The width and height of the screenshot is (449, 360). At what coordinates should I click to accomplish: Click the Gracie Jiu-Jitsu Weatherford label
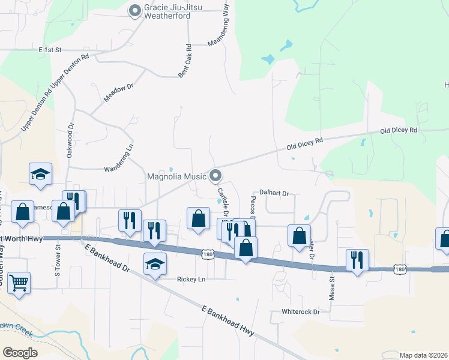(x=167, y=11)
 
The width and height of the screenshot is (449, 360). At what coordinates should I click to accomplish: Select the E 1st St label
(x=50, y=50)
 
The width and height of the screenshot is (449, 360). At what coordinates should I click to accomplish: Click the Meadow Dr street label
(x=117, y=94)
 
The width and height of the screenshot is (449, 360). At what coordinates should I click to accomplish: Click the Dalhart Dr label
(x=274, y=194)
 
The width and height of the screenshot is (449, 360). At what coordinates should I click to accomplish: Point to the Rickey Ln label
(x=191, y=280)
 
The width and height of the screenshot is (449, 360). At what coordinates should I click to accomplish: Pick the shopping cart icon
(x=19, y=281)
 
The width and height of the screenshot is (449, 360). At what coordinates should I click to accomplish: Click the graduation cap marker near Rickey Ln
(x=155, y=263)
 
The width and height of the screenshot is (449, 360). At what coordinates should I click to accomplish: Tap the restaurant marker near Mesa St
(x=357, y=260)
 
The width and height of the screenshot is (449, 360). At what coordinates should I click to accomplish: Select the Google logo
(x=20, y=352)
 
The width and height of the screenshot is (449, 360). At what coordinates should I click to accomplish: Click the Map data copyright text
(x=423, y=355)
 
